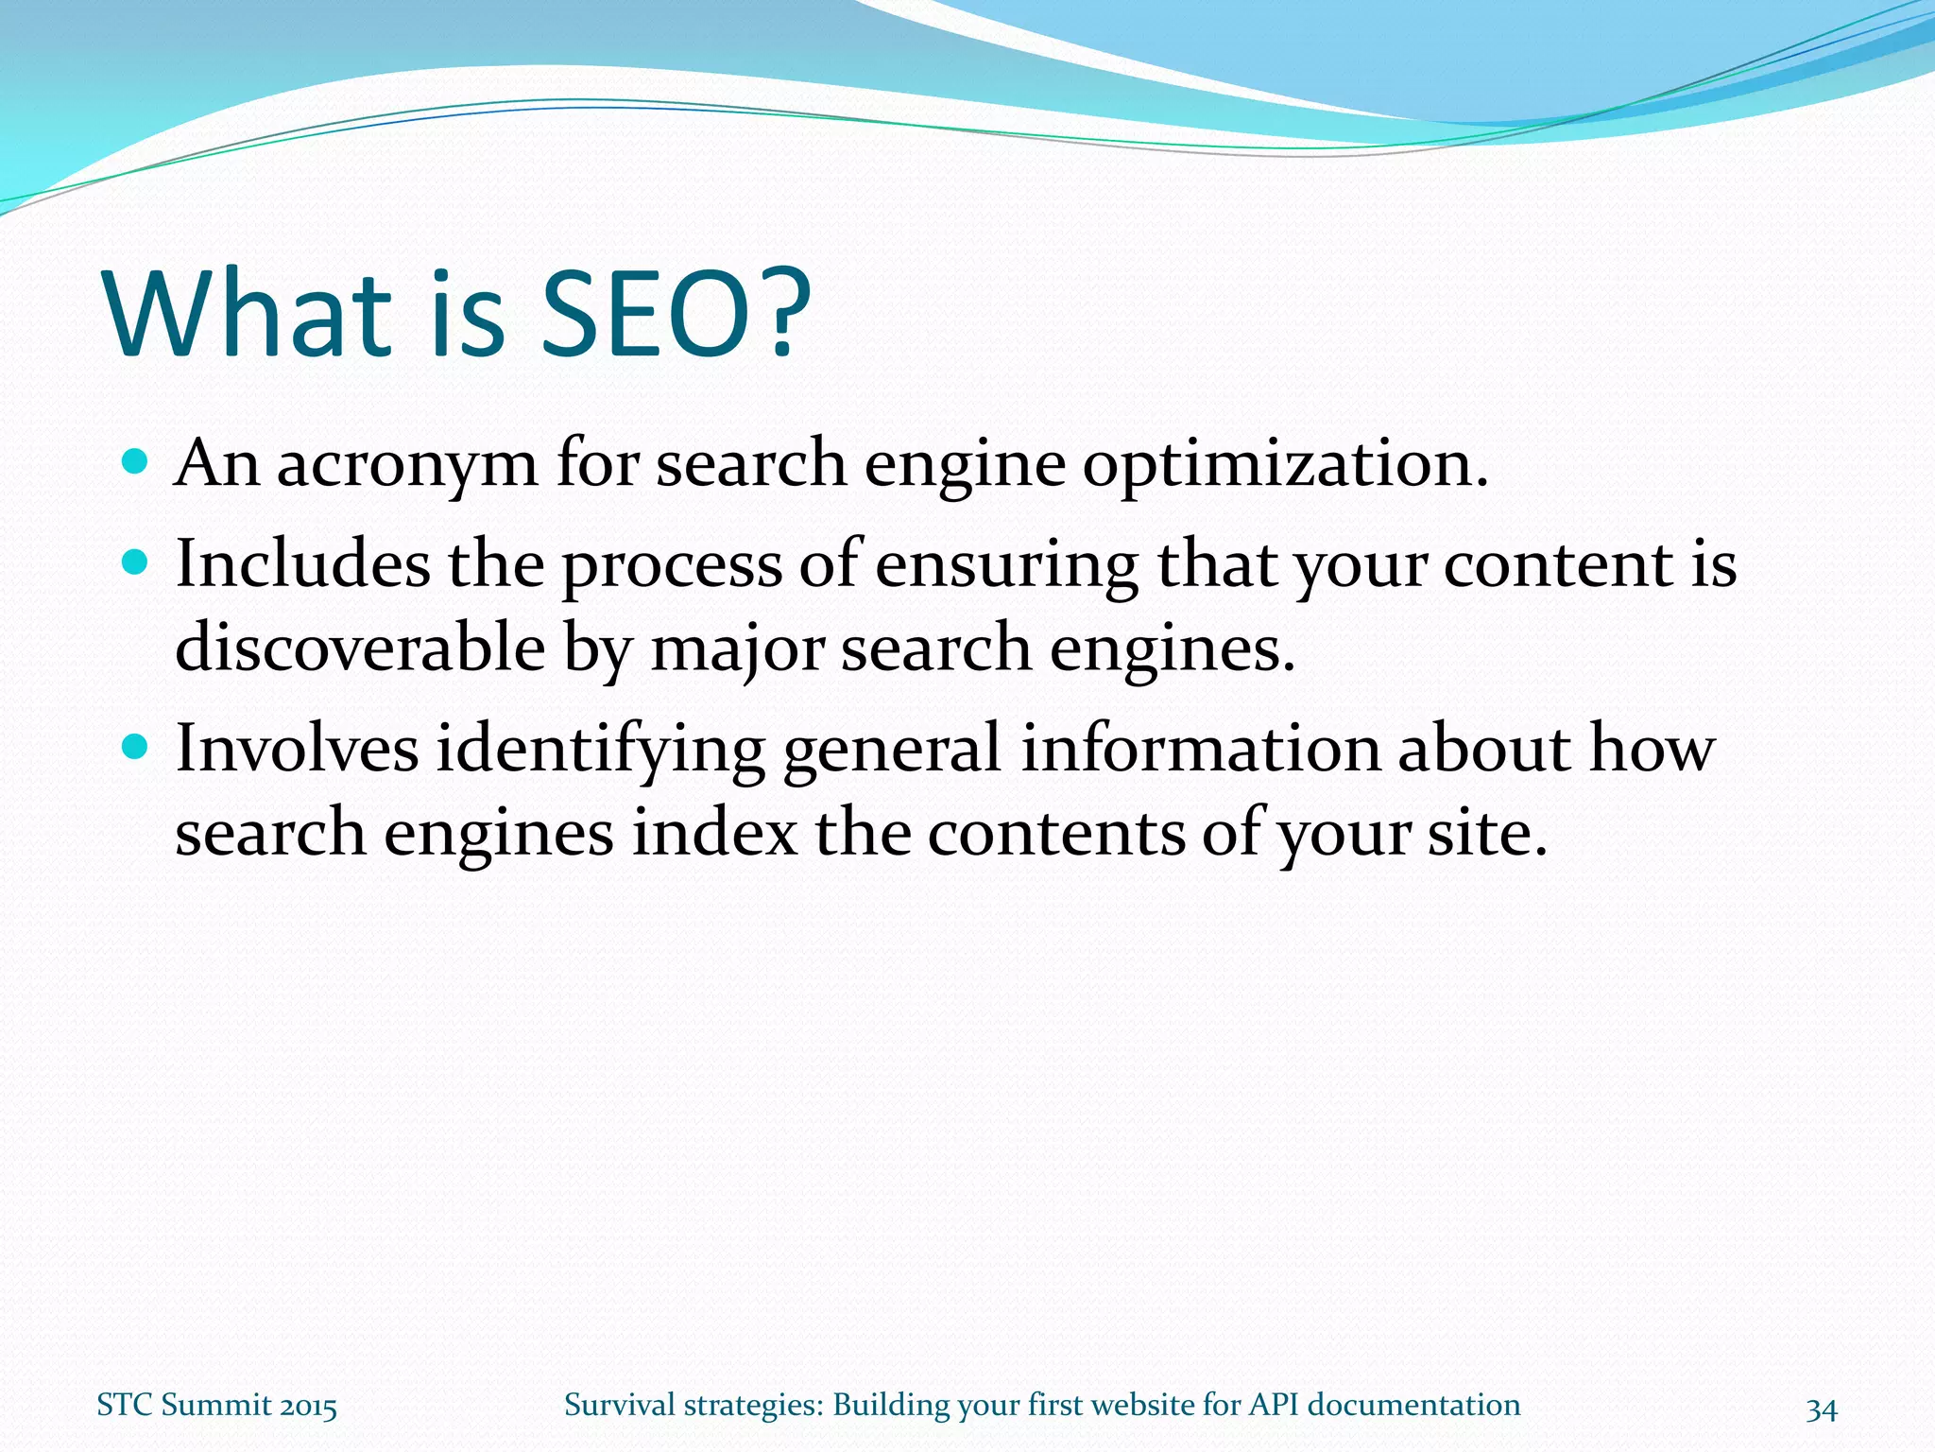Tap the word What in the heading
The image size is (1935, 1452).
pyautogui.click(x=248, y=314)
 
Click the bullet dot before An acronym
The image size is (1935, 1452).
pyautogui.click(x=136, y=462)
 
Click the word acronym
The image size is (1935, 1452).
pyautogui.click(x=406, y=466)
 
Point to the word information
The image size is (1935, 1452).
pyautogui.click(x=1200, y=748)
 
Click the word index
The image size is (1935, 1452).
pyautogui.click(x=714, y=833)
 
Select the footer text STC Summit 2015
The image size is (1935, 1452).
pyautogui.click(x=216, y=1406)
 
